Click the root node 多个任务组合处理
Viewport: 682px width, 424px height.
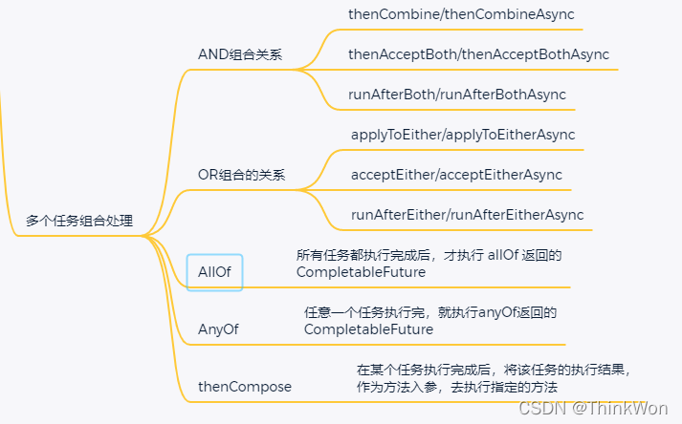click(x=79, y=222)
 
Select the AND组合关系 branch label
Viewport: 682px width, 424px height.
click(x=240, y=54)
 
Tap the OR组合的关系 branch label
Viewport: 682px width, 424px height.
click(x=241, y=176)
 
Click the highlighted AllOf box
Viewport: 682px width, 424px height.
click(x=214, y=272)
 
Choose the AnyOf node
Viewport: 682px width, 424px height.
click(x=218, y=329)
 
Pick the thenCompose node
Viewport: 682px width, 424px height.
click(x=245, y=387)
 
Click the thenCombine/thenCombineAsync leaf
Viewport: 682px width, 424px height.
click(x=463, y=15)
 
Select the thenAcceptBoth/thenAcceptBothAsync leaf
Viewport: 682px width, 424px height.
click(x=478, y=54)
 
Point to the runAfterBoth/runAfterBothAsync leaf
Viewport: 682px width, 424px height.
click(x=457, y=95)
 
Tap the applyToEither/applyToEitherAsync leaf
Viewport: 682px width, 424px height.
click(x=463, y=135)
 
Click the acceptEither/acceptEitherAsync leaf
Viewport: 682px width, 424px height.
click(x=456, y=175)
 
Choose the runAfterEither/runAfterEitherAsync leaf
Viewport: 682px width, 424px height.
click(x=467, y=215)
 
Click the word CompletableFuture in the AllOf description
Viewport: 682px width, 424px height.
click(x=362, y=272)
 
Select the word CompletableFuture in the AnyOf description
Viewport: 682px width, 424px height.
click(x=368, y=329)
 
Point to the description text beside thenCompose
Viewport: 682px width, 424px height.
click(x=494, y=378)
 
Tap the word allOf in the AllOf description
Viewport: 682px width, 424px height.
click(x=503, y=255)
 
